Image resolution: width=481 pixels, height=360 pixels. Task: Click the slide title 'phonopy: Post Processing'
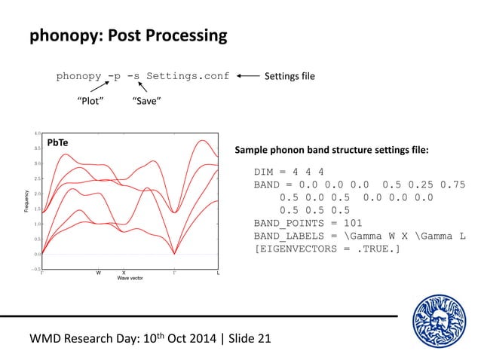(127, 35)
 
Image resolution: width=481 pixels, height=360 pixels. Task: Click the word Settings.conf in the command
(188, 76)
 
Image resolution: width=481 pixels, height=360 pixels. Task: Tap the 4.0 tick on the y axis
(37, 133)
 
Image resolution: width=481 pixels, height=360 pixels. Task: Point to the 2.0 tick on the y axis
(37, 194)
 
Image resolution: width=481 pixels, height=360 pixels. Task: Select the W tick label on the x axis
(98, 273)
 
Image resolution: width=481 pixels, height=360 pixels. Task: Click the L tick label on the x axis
(218, 273)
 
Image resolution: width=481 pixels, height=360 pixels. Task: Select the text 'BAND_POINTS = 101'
(308, 223)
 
